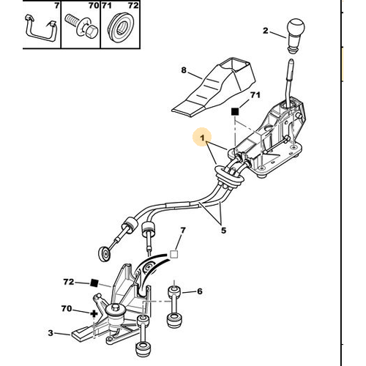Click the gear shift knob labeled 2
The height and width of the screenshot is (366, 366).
coord(296,36)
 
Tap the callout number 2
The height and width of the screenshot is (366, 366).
coord(265,31)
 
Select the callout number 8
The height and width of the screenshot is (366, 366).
coord(184,70)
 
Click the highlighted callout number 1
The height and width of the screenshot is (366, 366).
coord(202,138)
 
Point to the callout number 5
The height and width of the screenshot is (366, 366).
coord(223,231)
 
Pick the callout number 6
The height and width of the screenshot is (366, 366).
coord(200,291)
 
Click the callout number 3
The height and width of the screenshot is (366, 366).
coord(51,333)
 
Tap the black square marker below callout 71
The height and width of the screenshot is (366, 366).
coord(235,112)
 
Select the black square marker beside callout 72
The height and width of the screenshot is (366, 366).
coord(94,283)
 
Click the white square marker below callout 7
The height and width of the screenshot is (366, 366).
coord(173,255)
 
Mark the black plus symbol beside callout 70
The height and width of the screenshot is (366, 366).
coord(94,314)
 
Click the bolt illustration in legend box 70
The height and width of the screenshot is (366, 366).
coord(81,26)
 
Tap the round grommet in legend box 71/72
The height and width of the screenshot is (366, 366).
coord(121,28)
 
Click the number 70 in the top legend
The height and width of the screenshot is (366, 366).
coord(94,5)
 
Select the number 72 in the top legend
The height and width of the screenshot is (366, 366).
coord(133,5)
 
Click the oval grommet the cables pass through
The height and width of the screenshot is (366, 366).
coord(228,177)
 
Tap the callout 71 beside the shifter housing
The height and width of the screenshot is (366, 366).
coord(255,95)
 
